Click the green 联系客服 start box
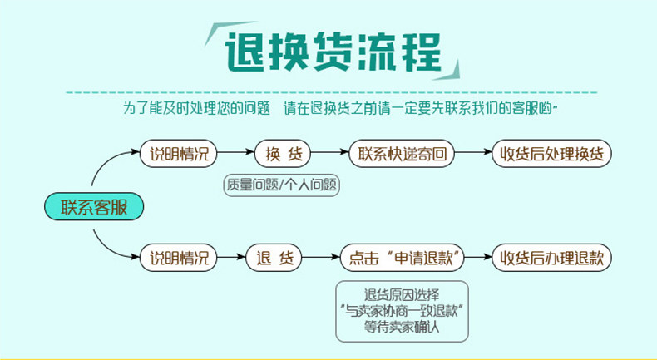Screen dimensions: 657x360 pyautogui.click(x=94, y=206)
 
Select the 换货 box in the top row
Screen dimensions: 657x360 pyautogui.click(x=284, y=154)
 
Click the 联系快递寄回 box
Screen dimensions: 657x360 pyautogui.click(x=403, y=154)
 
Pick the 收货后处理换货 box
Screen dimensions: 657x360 pyautogui.click(x=551, y=154)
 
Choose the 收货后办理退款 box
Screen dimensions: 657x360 pyautogui.click(x=551, y=257)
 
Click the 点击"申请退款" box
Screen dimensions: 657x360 pyautogui.click(x=403, y=257)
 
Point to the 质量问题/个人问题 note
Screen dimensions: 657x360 pyautogui.click(x=283, y=185)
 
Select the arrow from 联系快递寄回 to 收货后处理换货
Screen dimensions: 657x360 pyautogui.click(x=473, y=154)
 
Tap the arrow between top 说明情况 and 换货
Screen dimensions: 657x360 pyautogui.click(x=236, y=154)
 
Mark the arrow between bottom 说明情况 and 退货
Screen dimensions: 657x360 pyautogui.click(x=232, y=257)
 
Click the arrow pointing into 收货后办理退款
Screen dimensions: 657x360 pyautogui.click(x=478, y=257)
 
